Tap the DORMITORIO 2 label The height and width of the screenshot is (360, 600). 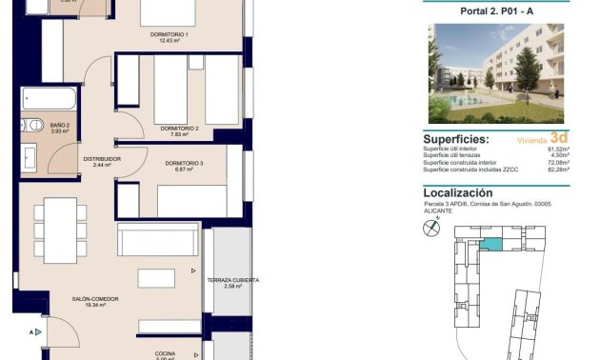click(x=179, y=128)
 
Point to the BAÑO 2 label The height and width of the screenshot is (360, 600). click(x=61, y=125)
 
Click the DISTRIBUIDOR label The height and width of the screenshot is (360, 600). click(x=102, y=159)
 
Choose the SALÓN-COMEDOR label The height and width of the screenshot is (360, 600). click(x=94, y=299)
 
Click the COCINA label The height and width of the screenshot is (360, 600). click(x=165, y=353)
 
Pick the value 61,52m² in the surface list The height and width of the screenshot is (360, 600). click(x=558, y=150)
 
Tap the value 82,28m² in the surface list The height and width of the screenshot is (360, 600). click(x=558, y=170)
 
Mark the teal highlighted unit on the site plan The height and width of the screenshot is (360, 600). click(x=489, y=245)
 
